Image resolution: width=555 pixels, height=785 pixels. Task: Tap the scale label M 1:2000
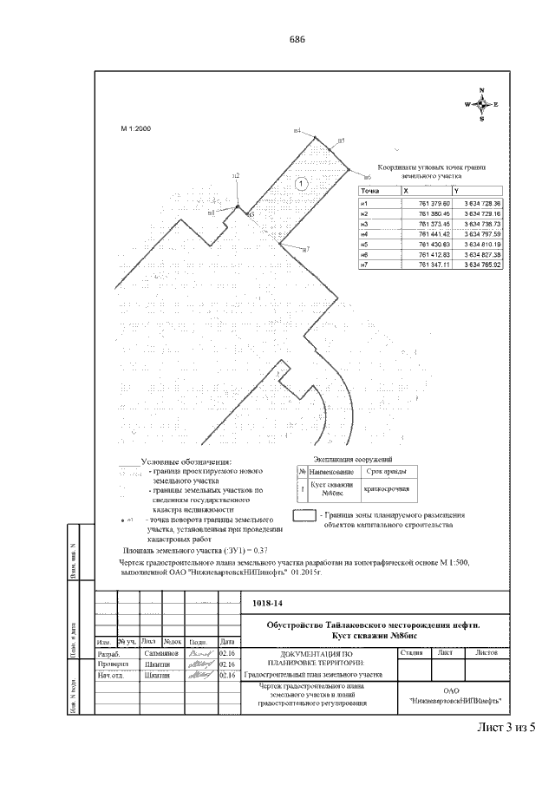[x=135, y=128]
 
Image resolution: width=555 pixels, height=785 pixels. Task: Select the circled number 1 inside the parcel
[x=300, y=183]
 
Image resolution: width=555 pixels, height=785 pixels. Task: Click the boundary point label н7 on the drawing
[x=305, y=249]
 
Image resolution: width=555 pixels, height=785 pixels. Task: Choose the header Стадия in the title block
[x=412, y=651]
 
